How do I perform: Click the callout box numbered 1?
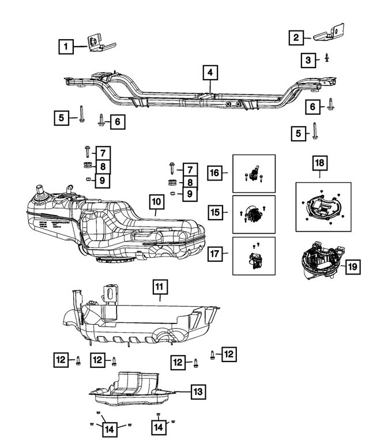67,46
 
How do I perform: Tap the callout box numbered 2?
296,39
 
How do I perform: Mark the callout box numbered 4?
210,73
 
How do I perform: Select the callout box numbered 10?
156,202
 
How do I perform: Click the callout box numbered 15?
215,213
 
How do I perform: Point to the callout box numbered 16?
215,172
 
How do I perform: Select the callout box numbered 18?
318,164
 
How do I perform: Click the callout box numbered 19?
352,267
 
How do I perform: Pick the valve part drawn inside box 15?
252,215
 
